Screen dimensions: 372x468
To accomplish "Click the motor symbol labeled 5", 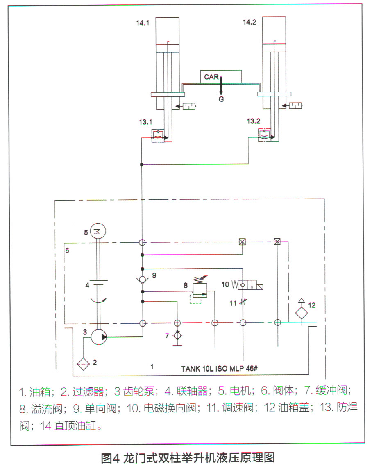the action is [x=98, y=231].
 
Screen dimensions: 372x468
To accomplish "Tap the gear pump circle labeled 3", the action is [x=99, y=337].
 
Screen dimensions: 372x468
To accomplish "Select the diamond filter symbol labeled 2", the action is [x=83, y=364].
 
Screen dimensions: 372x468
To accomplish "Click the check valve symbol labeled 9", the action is [x=143, y=280].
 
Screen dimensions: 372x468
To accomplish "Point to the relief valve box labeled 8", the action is [x=200, y=290].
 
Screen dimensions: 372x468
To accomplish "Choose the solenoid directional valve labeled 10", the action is [x=247, y=285].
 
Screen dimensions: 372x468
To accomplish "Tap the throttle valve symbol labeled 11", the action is [x=243, y=302].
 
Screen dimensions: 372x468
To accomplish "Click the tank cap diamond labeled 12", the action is [x=302, y=313].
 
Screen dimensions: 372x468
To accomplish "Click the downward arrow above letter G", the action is [x=221, y=86].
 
